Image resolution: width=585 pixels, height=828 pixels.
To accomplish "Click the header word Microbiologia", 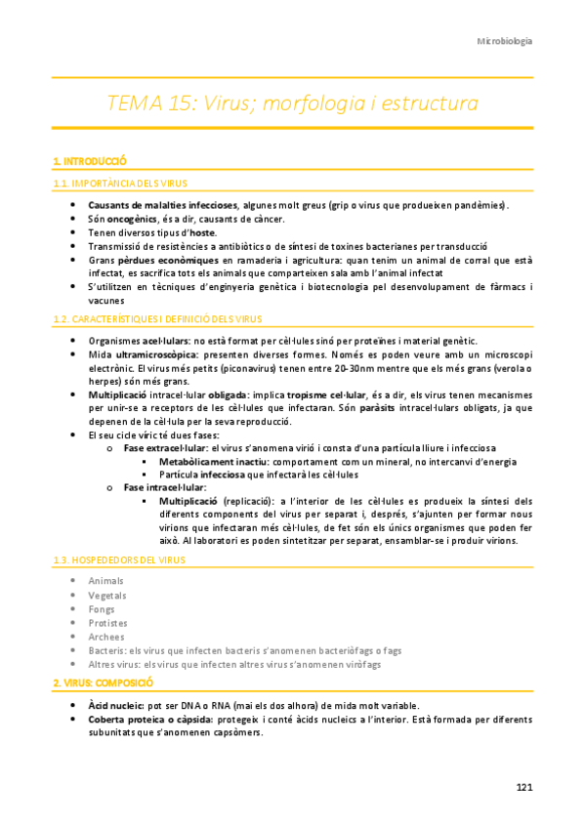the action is (503, 42).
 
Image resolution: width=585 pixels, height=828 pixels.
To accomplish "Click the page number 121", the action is (523, 787).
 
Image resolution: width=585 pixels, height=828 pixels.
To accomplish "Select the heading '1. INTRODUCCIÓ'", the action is (90, 160).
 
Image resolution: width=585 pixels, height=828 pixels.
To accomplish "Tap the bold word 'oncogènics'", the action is (133, 221).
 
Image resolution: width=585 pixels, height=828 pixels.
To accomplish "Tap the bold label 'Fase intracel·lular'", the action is (165, 487).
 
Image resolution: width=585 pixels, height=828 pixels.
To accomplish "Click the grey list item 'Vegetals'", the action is (107, 596).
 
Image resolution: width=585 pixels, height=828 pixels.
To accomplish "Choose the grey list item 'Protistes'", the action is (108, 623).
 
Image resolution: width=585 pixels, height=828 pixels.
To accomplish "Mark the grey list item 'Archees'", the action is (106, 637).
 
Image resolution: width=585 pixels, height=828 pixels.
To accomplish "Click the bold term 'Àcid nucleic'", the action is (116, 705).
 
